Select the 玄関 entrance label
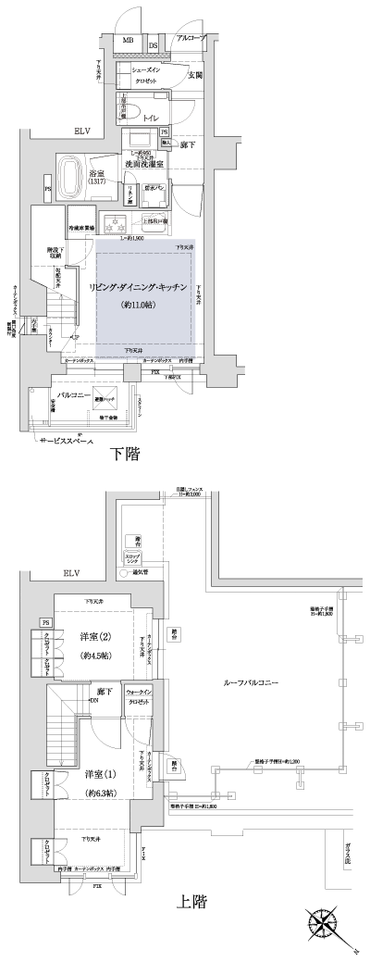pyautogui.click(x=195, y=74)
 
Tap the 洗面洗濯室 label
pyautogui.click(x=145, y=163)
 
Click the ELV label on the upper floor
pyautogui.click(x=72, y=575)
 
